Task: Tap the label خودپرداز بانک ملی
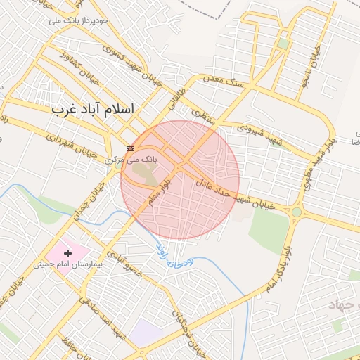pyautogui.click(x=79, y=21)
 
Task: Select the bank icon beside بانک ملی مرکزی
pyautogui.click(x=130, y=148)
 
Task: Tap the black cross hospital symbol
pyautogui.click(x=68, y=252)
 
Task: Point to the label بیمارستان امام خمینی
pyautogui.click(x=70, y=265)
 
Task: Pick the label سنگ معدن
pyautogui.click(x=226, y=82)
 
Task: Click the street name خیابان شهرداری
pyautogui.click(x=70, y=144)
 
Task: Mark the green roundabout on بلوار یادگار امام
pyautogui.click(x=297, y=211)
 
